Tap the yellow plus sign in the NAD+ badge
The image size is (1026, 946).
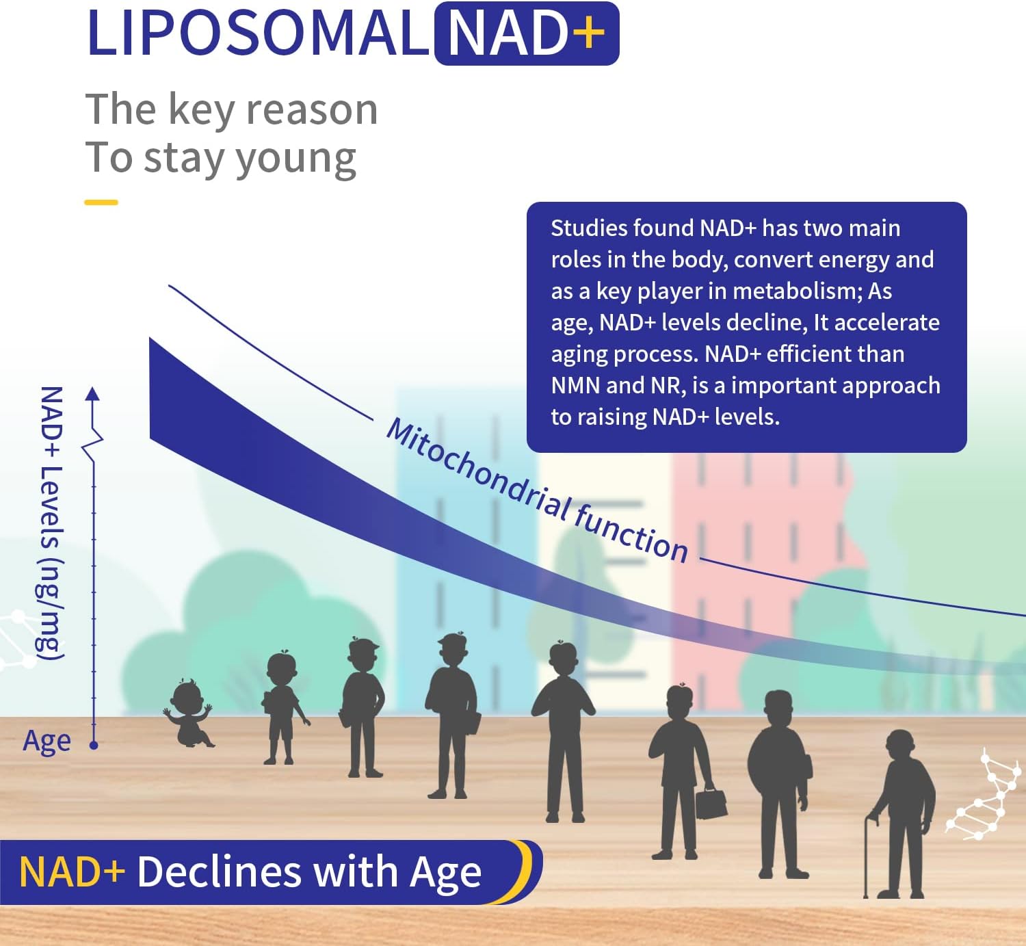[590, 34]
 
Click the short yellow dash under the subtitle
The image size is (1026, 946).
[101, 202]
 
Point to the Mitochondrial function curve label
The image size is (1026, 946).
[536, 490]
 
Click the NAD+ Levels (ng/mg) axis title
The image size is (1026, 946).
[51, 523]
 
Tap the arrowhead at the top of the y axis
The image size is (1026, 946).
[93, 393]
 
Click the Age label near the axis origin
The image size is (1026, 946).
[47, 741]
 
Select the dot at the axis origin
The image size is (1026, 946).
[94, 745]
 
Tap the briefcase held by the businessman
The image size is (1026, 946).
[711, 803]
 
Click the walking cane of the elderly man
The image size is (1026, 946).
[868, 855]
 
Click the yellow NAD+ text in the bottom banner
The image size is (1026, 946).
[72, 872]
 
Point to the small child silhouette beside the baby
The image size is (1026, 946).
[281, 707]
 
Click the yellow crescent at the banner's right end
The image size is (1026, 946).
[525, 869]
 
